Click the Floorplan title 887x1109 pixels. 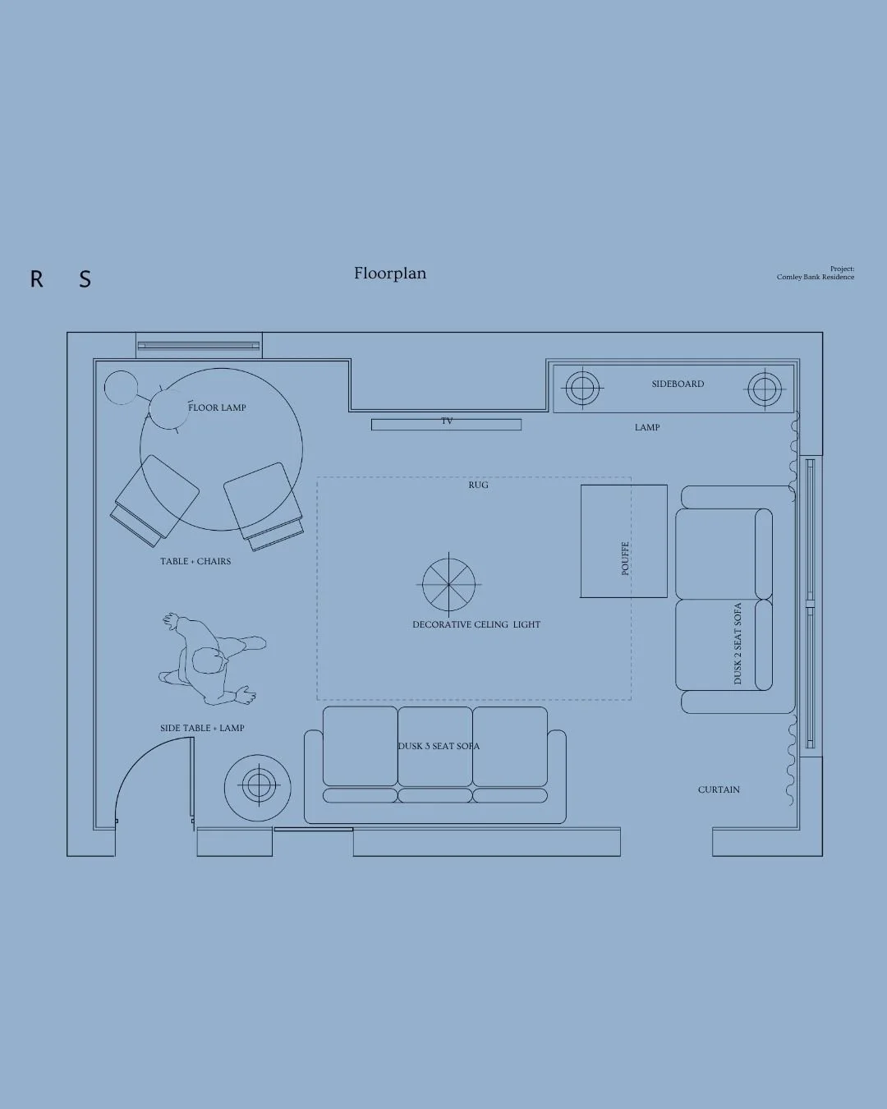coord(390,273)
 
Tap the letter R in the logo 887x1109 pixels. coord(36,278)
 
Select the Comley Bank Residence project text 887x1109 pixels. coord(816,277)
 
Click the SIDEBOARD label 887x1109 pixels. coord(678,384)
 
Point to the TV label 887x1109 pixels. coord(447,421)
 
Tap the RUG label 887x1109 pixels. coord(478,485)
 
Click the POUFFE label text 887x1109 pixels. coord(625,558)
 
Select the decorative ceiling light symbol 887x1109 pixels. coord(449,584)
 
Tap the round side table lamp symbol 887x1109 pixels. coord(258,788)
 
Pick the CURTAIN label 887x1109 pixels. coord(719,789)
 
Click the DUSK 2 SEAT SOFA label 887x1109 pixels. coord(738,643)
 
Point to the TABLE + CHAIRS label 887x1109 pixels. coord(195,561)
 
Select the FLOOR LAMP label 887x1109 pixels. coord(217,407)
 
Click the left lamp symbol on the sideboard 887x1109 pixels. coord(582,388)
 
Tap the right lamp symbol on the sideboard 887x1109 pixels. coord(765,389)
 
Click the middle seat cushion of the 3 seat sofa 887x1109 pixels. coord(435,746)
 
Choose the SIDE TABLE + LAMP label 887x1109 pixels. coord(202,728)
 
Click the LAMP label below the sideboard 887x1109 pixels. coord(647,427)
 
